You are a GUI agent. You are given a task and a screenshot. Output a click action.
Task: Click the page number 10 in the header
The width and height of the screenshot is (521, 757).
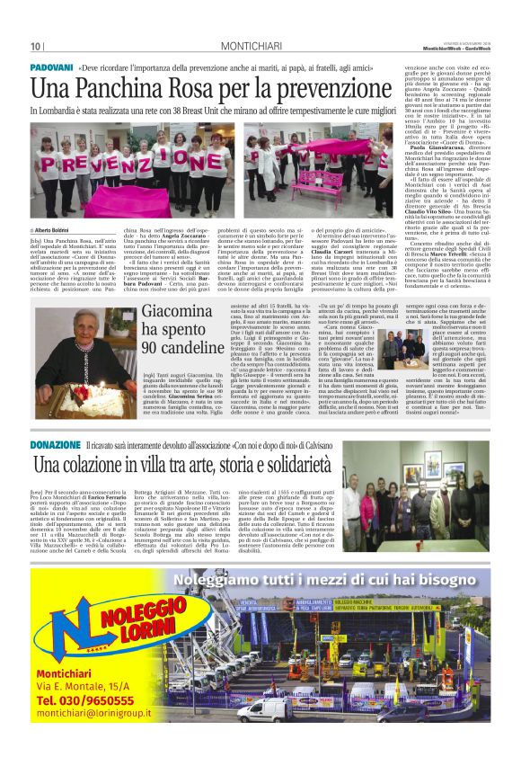[36, 46]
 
